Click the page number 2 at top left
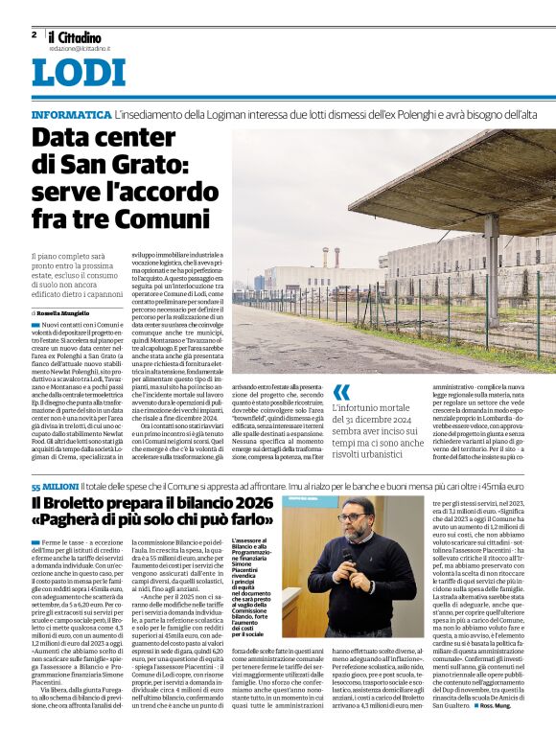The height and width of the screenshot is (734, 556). pos(34,34)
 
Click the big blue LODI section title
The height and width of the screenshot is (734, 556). pos(79,75)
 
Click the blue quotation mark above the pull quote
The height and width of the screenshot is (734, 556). pos(342,392)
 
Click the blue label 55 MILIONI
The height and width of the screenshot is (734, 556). pos(54,487)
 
